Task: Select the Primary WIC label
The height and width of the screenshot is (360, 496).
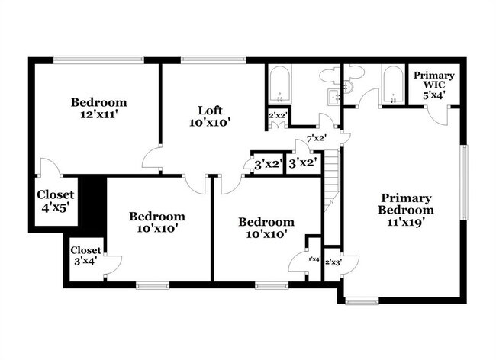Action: pyautogui.click(x=434, y=80)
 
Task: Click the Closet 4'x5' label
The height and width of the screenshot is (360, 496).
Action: pyautogui.click(x=56, y=201)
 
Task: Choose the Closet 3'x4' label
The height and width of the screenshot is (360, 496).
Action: pyautogui.click(x=85, y=256)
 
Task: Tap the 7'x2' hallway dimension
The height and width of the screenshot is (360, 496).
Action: pyautogui.click(x=317, y=138)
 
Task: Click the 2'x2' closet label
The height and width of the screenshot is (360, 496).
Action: pyautogui.click(x=276, y=116)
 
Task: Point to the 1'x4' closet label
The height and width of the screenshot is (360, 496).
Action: pyautogui.click(x=314, y=259)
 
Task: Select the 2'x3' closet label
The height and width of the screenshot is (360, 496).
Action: pyautogui.click(x=333, y=262)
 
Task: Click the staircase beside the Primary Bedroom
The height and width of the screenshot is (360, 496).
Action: pyautogui.click(x=330, y=183)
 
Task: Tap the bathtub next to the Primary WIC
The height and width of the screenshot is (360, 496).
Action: pyautogui.click(x=392, y=85)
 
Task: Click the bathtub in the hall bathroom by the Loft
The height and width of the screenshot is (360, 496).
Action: pyautogui.click(x=279, y=85)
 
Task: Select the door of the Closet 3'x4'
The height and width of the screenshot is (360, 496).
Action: pyautogui.click(x=112, y=264)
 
